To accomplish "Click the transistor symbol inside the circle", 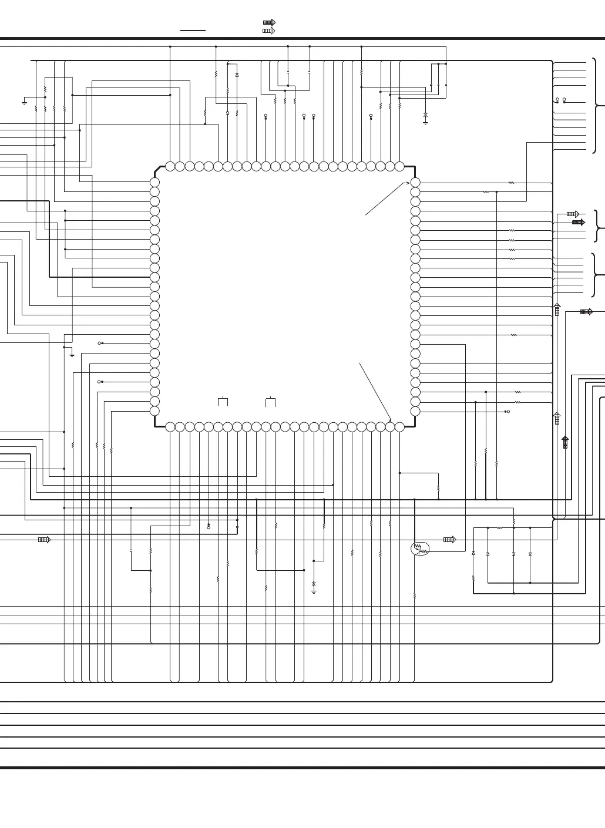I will point(420,548).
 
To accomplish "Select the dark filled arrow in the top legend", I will point(269,23).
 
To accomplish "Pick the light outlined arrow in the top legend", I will point(269,31).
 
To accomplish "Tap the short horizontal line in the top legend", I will point(193,30).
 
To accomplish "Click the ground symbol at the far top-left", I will point(24,102).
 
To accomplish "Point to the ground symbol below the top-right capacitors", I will point(425,122).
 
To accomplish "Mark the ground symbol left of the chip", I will point(72,355).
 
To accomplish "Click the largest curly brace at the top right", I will point(597,106).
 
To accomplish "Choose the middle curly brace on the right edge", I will point(597,226).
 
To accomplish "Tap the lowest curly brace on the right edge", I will point(597,275).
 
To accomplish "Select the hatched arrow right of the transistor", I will point(449,540).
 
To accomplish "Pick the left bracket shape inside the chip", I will point(223,401).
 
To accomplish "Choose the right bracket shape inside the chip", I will point(271,401).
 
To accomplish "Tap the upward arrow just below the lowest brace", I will point(557,309).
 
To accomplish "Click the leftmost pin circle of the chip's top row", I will point(170,166).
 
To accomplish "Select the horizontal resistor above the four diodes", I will point(500,528).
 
